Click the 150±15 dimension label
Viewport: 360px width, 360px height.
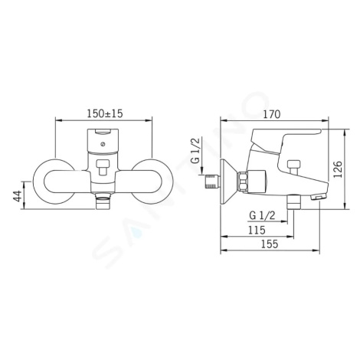(x=105, y=113)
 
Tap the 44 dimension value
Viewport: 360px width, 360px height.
(x=18, y=196)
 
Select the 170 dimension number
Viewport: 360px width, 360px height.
(x=272, y=114)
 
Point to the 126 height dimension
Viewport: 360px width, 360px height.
(x=338, y=169)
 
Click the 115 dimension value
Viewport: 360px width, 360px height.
(x=257, y=230)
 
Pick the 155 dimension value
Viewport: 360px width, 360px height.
(x=270, y=244)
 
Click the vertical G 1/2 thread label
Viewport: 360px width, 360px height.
(x=195, y=150)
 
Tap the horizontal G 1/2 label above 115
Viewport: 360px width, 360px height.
(x=262, y=216)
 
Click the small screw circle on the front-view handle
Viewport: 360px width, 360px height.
(x=103, y=144)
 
